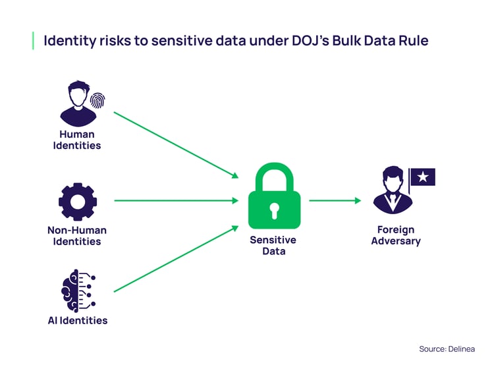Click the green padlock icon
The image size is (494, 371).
point(274,197)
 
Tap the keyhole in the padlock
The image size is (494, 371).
point(274,210)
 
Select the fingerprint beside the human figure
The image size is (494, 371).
point(97,100)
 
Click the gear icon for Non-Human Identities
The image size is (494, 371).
point(77,201)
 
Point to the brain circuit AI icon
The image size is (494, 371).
point(78,290)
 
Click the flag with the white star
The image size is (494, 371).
point(422,177)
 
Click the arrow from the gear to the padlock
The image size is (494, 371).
point(176,200)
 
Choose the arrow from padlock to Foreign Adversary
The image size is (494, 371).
point(335,200)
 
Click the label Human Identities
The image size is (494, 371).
point(77,140)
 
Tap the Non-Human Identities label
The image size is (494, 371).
point(77,236)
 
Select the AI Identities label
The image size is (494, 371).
point(77,321)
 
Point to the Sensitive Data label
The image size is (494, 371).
point(273,245)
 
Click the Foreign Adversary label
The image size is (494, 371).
point(395,235)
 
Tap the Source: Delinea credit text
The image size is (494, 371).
point(447,349)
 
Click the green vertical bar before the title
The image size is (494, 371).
point(33,40)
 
